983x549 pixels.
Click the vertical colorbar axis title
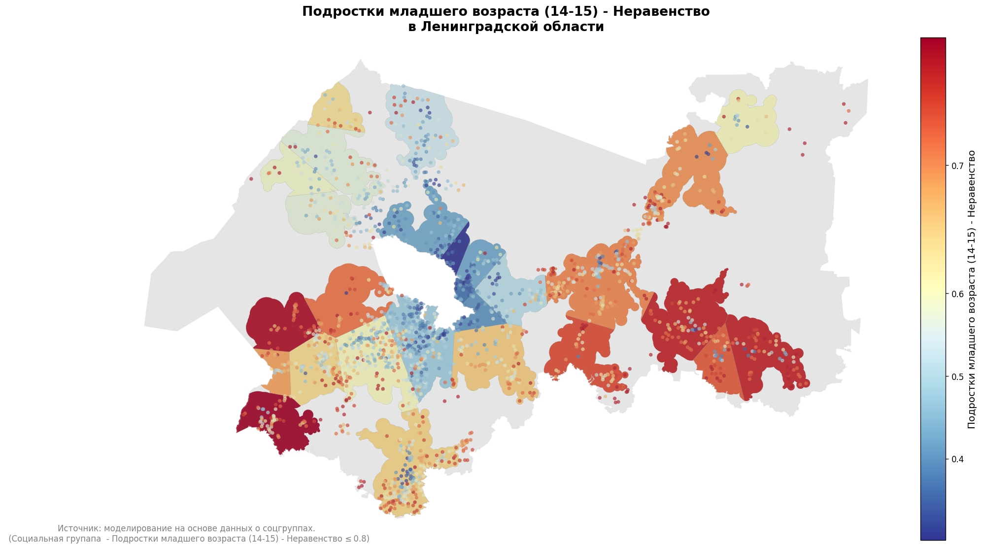pyautogui.click(x=971, y=289)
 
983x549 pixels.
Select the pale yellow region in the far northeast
pyautogui.click(x=749, y=121)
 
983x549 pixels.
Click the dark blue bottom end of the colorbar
pyautogui.click(x=933, y=535)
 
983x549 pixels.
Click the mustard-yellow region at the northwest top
pyautogui.click(x=333, y=106)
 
